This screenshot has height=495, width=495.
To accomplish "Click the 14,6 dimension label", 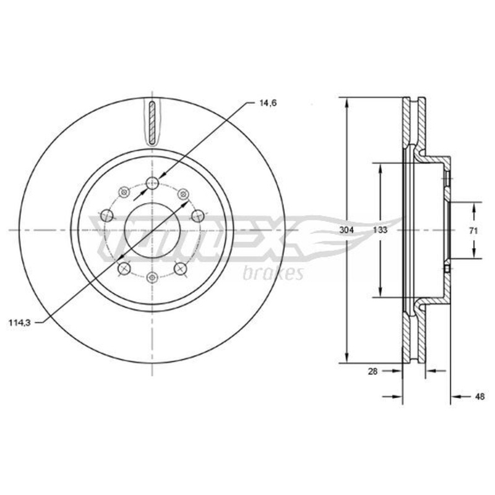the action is [x=268, y=103].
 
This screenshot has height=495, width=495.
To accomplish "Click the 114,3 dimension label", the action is [x=20, y=323].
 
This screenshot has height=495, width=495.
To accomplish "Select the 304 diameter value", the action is [x=346, y=230].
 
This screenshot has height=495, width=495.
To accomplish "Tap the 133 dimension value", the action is [x=380, y=230].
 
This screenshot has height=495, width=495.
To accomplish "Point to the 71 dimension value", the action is [x=473, y=231].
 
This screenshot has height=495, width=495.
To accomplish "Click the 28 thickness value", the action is [x=372, y=372].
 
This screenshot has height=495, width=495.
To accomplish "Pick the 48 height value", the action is [x=480, y=397].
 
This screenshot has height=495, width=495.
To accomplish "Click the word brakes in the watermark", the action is [x=273, y=272].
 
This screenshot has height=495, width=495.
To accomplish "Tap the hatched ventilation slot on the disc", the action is [x=152, y=123].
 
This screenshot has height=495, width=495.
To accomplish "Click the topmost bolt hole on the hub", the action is [x=153, y=183].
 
